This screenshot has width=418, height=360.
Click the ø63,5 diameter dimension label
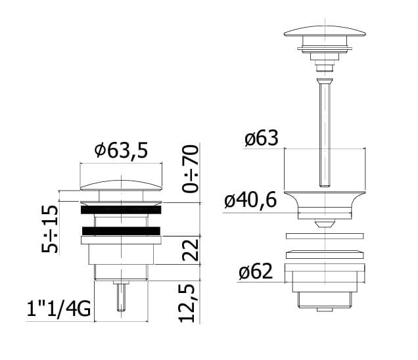121,150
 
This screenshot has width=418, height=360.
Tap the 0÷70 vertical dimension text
191,168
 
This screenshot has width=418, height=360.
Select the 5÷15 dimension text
49,229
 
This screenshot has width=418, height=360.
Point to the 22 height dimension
191,250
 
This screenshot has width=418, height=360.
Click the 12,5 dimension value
189,304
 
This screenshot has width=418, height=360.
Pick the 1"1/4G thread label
58,309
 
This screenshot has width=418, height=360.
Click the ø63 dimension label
262,138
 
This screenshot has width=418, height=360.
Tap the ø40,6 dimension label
250,200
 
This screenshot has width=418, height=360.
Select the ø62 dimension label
256,271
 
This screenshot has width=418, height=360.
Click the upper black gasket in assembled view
121,210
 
